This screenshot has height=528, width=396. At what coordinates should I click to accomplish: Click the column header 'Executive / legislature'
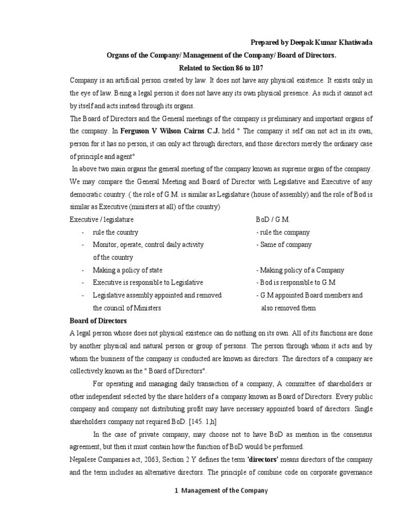[101, 220]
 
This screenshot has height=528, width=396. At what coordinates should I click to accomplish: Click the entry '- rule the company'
[283, 232]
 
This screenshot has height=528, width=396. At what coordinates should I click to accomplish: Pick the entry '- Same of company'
[284, 245]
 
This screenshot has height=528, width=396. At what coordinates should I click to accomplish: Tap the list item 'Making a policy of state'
[127, 270]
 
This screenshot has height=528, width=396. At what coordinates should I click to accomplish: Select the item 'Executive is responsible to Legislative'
[147, 283]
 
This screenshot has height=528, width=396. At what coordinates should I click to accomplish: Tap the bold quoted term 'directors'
[280, 459]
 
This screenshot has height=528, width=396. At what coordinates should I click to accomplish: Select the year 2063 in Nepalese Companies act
[141, 459]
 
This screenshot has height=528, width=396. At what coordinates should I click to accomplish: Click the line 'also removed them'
[288, 308]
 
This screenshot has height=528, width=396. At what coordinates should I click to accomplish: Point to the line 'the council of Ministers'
[127, 308]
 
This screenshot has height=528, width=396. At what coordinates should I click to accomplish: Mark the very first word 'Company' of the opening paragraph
[84, 81]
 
